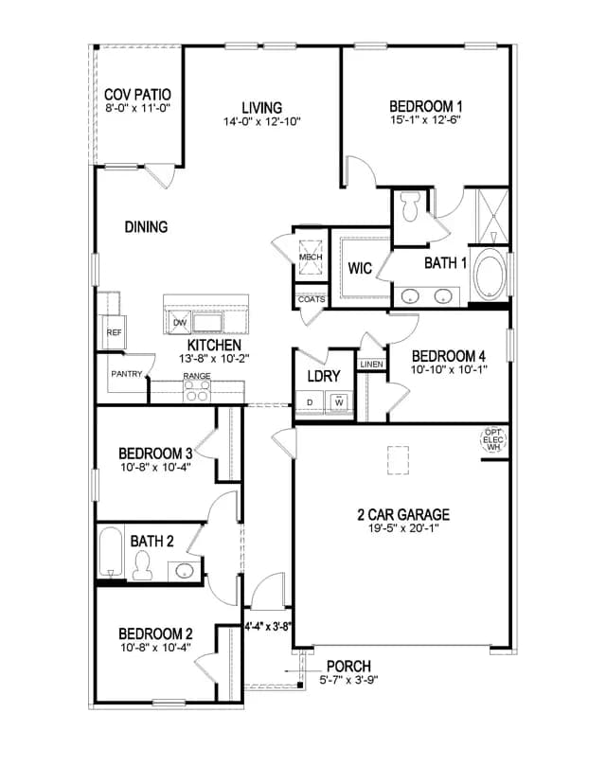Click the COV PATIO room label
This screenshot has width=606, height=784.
[x=137, y=94]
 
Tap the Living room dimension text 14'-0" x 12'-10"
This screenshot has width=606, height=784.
[x=262, y=121]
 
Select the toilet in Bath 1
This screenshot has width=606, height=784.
[x=412, y=206]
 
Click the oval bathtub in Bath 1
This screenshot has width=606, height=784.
[x=490, y=274]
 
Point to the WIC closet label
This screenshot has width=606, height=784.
[x=360, y=268]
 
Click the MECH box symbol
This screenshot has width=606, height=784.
[x=311, y=257]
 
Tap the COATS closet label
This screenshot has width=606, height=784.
[x=312, y=299]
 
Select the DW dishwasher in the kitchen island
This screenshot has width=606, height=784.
[x=180, y=322]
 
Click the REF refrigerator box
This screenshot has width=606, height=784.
[x=115, y=332]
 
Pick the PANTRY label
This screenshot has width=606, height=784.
[x=127, y=374]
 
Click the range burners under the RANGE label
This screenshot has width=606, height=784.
[x=197, y=390]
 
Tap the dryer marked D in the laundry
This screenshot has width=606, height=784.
[x=310, y=402]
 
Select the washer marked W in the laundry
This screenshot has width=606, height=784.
[x=340, y=402]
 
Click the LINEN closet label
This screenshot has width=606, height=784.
[x=371, y=365]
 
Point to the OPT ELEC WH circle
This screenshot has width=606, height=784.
[x=493, y=440]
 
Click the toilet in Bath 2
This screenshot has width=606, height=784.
[x=142, y=565]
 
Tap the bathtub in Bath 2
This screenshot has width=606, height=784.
[x=110, y=551]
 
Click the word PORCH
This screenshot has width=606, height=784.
[x=348, y=666]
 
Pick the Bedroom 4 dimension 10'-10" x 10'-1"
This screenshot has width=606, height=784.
[x=449, y=370]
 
